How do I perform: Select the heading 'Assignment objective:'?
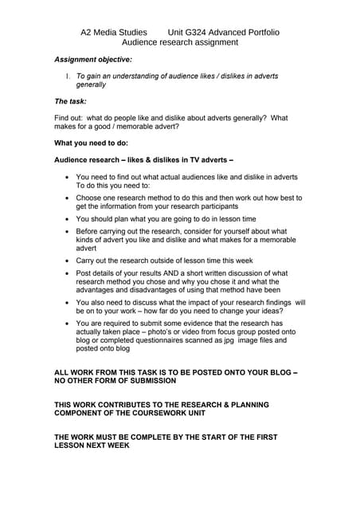click(x=93, y=60)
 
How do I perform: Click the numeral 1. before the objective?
click(x=68, y=76)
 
